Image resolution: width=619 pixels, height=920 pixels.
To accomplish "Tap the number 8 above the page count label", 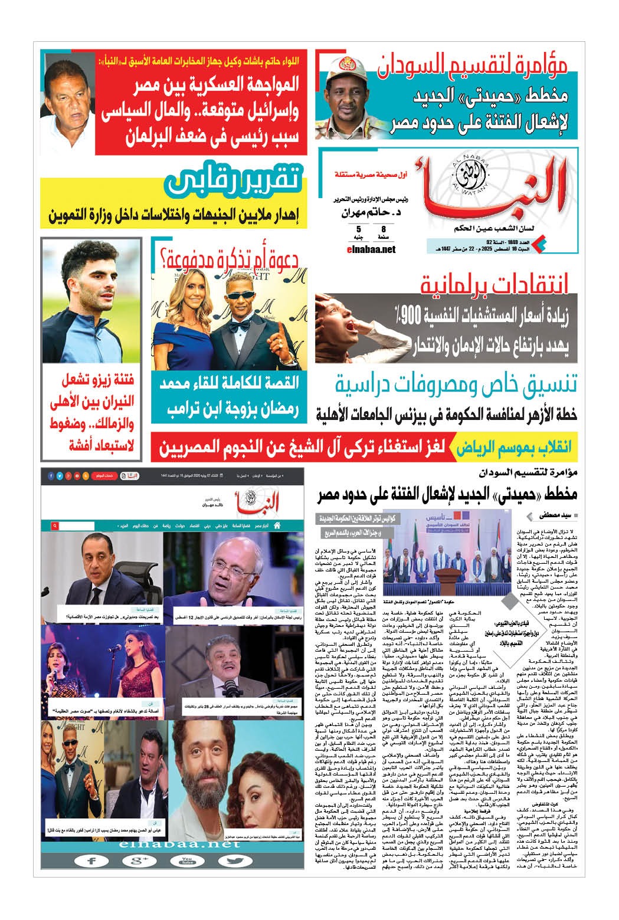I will pos(384,228).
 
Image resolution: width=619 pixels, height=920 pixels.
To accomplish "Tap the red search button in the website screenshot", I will pos(54,525).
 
